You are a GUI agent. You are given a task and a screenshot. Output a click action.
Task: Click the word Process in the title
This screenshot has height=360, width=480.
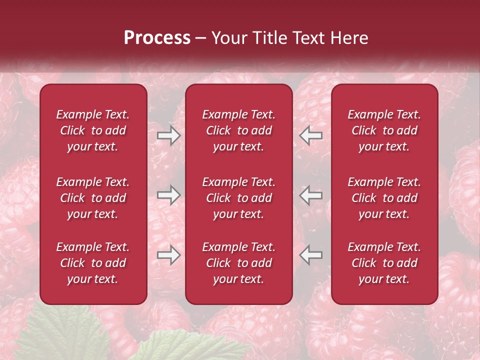click(157, 38)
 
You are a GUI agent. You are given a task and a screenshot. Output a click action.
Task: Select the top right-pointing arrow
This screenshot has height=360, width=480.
click(169, 135)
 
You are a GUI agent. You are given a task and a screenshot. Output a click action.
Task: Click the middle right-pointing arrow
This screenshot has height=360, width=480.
click(169, 195)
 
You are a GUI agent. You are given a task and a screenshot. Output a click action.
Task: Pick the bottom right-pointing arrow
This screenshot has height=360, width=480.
click(169, 255)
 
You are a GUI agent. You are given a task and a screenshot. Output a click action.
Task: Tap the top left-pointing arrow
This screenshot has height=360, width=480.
click(310, 135)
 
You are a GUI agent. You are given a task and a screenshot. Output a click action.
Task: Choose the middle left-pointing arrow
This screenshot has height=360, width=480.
click(310, 195)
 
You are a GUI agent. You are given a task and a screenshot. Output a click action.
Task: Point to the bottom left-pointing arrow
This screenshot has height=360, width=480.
click(310, 255)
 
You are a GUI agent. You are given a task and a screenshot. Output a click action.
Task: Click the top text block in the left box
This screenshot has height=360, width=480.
click(93, 130)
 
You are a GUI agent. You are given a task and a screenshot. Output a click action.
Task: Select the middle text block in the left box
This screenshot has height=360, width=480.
click(93, 198)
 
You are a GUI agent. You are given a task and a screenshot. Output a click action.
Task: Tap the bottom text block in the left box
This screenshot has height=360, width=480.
click(93, 263)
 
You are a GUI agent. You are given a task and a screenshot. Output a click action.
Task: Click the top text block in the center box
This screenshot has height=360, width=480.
click(238, 130)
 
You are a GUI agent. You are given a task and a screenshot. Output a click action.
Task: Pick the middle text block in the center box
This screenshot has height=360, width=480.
click(238, 198)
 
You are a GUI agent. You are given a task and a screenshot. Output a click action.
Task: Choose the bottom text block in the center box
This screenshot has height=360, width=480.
click(238, 263)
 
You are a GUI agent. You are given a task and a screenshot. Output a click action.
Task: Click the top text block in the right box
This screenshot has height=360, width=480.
click(384, 130)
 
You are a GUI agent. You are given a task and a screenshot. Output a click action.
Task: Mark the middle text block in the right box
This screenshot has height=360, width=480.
click(384, 198)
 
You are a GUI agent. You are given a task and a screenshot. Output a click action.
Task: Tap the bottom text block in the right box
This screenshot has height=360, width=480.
click(384, 263)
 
